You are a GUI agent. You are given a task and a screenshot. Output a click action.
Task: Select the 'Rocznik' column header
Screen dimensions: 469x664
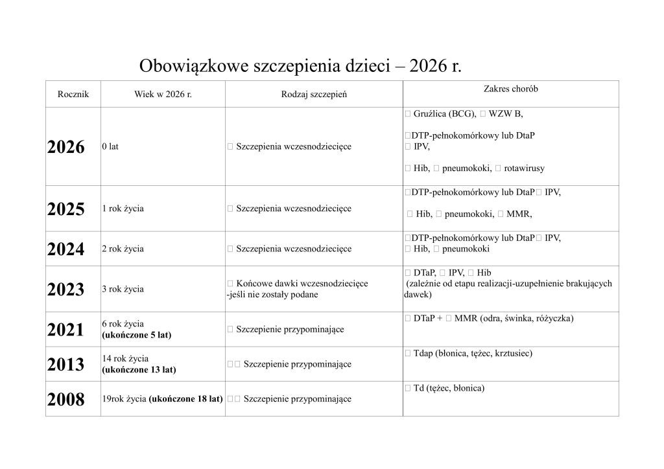(x=73, y=95)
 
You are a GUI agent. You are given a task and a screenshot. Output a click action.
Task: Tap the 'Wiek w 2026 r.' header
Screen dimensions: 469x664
(x=163, y=95)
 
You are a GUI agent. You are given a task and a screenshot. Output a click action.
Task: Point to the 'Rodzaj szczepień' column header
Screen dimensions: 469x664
(x=314, y=95)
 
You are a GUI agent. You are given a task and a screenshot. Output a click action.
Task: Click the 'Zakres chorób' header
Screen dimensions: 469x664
(x=511, y=89)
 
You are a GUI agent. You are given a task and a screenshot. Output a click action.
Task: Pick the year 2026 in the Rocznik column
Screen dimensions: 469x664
(x=66, y=147)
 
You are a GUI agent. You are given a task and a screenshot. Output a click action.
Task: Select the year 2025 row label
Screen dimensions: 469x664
(x=66, y=209)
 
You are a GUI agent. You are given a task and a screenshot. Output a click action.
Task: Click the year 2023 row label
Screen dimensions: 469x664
(x=66, y=289)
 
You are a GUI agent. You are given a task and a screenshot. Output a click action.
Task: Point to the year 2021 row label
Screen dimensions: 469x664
(x=66, y=329)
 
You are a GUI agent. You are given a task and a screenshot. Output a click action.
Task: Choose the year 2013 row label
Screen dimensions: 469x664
(x=66, y=364)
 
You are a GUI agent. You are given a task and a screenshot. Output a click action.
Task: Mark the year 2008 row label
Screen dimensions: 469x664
(x=66, y=399)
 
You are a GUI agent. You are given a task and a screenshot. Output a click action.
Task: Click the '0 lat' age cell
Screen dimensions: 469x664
(x=110, y=147)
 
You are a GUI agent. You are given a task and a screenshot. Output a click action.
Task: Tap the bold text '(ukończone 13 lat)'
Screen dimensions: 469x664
(x=139, y=370)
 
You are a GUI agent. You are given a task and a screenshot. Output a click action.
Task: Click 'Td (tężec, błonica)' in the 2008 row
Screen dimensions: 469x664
(x=449, y=388)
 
